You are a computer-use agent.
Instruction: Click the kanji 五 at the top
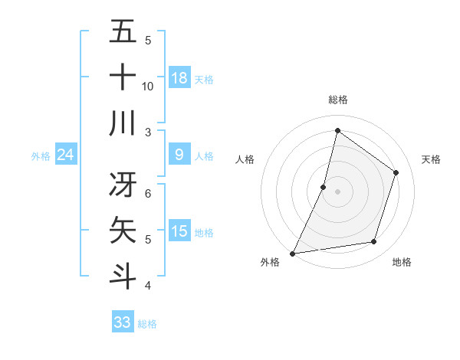(x=123, y=32)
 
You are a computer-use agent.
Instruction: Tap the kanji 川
(x=123, y=123)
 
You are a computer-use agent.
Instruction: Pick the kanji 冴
(x=123, y=183)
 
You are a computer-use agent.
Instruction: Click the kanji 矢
(x=123, y=230)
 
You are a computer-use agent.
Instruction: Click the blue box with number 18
(x=179, y=78)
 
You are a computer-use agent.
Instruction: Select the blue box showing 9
(x=179, y=155)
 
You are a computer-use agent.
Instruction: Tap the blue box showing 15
(x=179, y=231)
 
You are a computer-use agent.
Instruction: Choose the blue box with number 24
(x=66, y=155)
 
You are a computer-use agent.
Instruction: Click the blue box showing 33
(x=123, y=322)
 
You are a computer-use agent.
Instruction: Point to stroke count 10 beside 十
(x=148, y=86)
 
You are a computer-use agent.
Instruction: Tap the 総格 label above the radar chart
(x=337, y=100)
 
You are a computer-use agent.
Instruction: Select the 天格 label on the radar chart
(x=431, y=159)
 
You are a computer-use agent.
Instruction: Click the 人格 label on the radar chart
(x=245, y=159)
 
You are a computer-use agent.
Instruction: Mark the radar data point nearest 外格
(x=292, y=253)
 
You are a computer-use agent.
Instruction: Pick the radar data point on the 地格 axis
(x=374, y=242)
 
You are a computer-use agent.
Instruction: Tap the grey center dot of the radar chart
(x=337, y=191)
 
